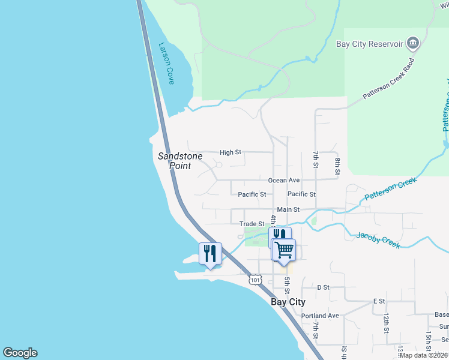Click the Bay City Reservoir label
(x=370, y=44)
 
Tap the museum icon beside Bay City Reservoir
(x=412, y=43)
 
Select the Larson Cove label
(x=166, y=62)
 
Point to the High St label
(x=230, y=152)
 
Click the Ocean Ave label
(x=284, y=180)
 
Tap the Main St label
(x=288, y=209)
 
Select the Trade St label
(x=252, y=224)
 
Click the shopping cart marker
(x=285, y=248)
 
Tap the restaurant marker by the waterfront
(x=210, y=253)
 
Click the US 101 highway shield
(x=256, y=280)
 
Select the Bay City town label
(x=288, y=302)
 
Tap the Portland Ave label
(x=320, y=316)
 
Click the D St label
(x=324, y=287)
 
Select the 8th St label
(x=338, y=166)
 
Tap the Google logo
(x=20, y=353)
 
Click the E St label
(x=378, y=301)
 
